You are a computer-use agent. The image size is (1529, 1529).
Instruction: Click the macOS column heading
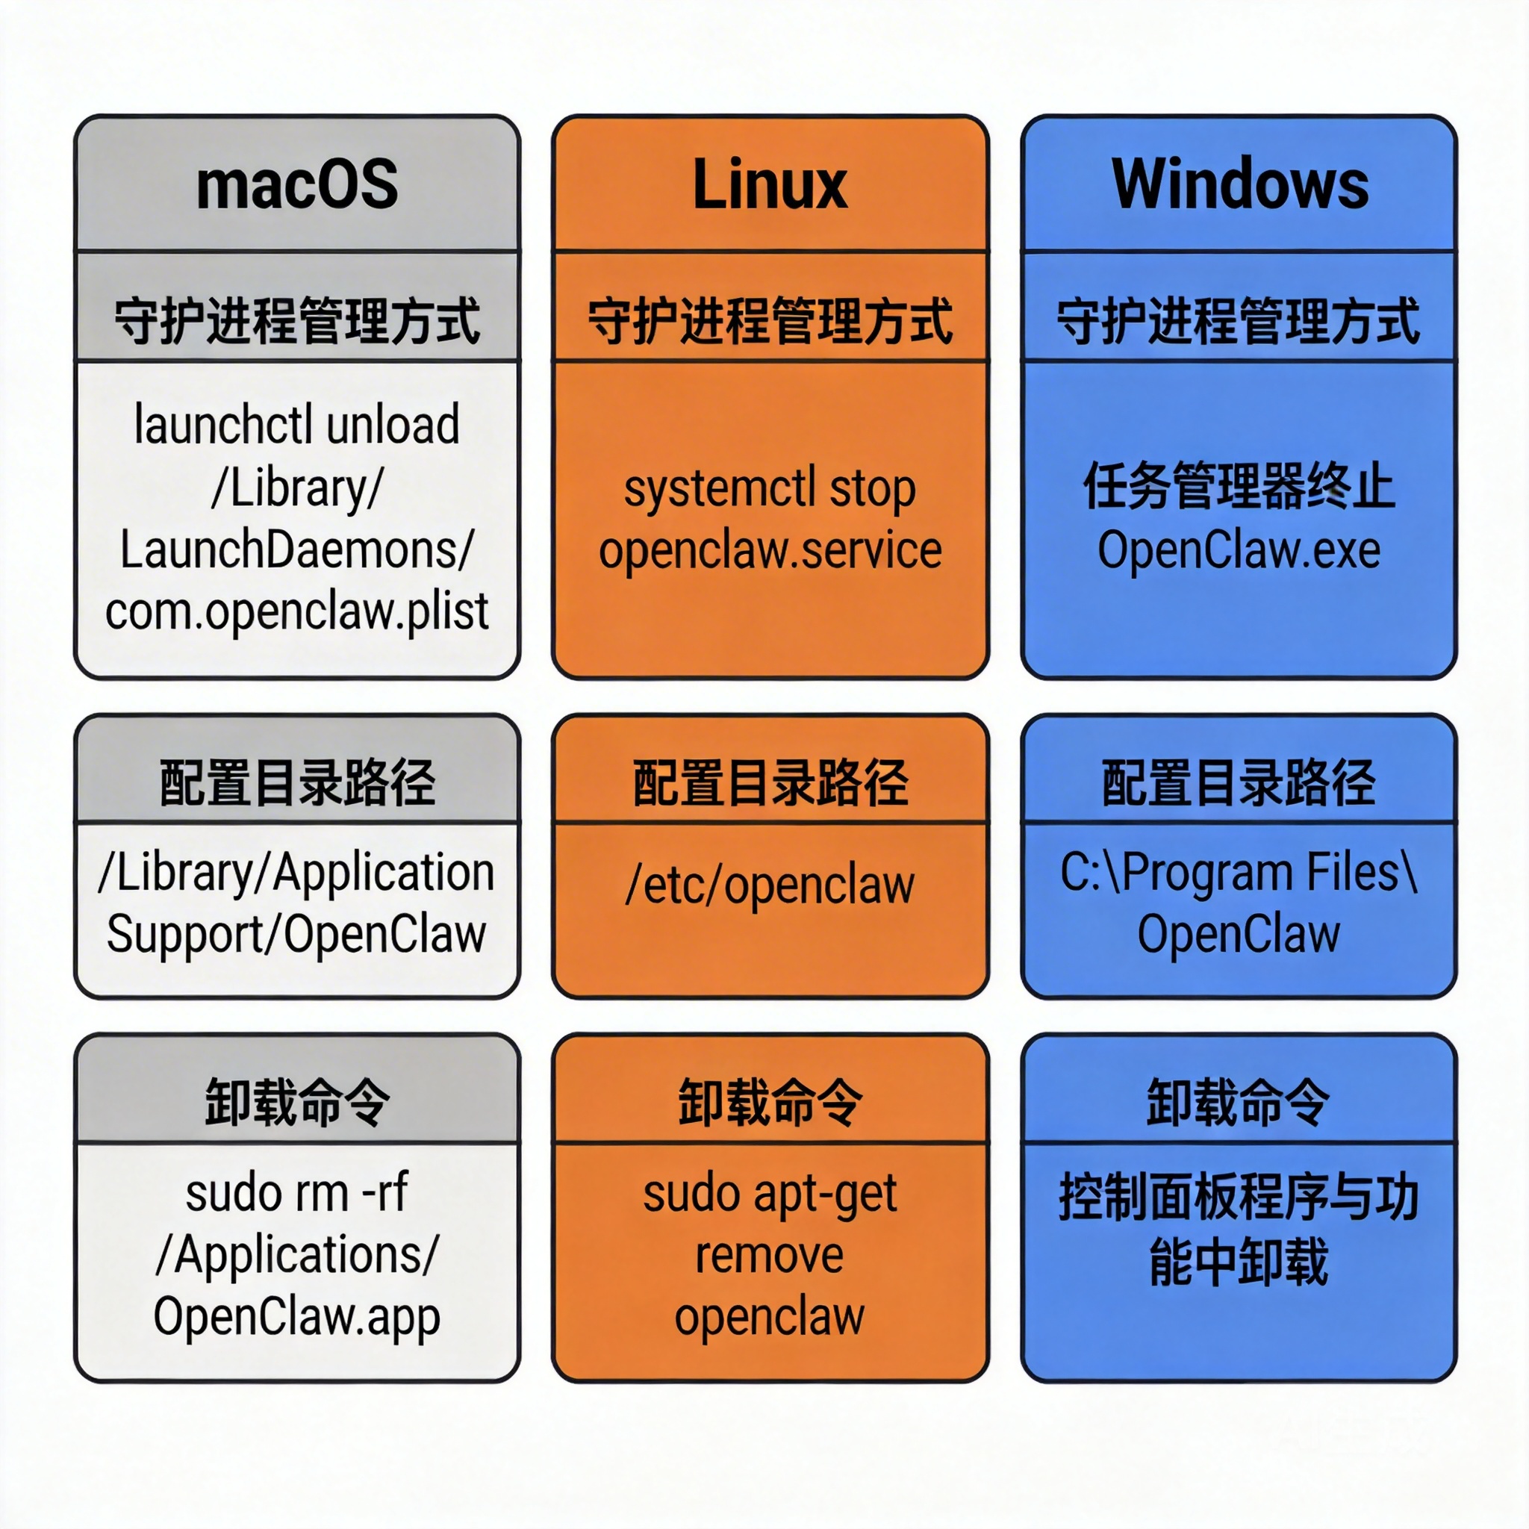(297, 184)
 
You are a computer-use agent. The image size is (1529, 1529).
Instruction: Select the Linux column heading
(769, 184)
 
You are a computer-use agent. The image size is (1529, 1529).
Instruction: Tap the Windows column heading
(1239, 184)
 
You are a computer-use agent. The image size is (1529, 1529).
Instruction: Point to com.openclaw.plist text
(297, 611)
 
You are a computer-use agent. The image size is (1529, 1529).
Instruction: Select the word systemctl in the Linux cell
(719, 488)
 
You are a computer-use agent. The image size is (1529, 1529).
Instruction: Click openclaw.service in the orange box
(769, 550)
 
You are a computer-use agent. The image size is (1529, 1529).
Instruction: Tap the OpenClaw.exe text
(1239, 550)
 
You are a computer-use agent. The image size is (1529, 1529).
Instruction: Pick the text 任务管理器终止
(1239, 486)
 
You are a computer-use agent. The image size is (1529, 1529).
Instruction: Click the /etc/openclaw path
(769, 885)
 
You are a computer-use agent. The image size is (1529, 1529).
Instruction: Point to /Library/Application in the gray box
(297, 872)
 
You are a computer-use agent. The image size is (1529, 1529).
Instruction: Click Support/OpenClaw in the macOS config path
(297, 934)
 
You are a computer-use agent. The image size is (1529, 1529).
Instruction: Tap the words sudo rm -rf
(297, 1192)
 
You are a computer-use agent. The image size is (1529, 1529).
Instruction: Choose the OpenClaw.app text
(297, 1316)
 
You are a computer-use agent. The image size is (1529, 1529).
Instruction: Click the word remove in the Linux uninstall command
(769, 1255)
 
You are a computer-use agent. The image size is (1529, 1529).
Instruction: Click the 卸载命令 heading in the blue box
(1239, 1102)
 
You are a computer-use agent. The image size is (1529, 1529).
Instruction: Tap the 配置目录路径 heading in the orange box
(769, 782)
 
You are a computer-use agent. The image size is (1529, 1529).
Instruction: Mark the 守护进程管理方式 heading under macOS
(297, 321)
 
